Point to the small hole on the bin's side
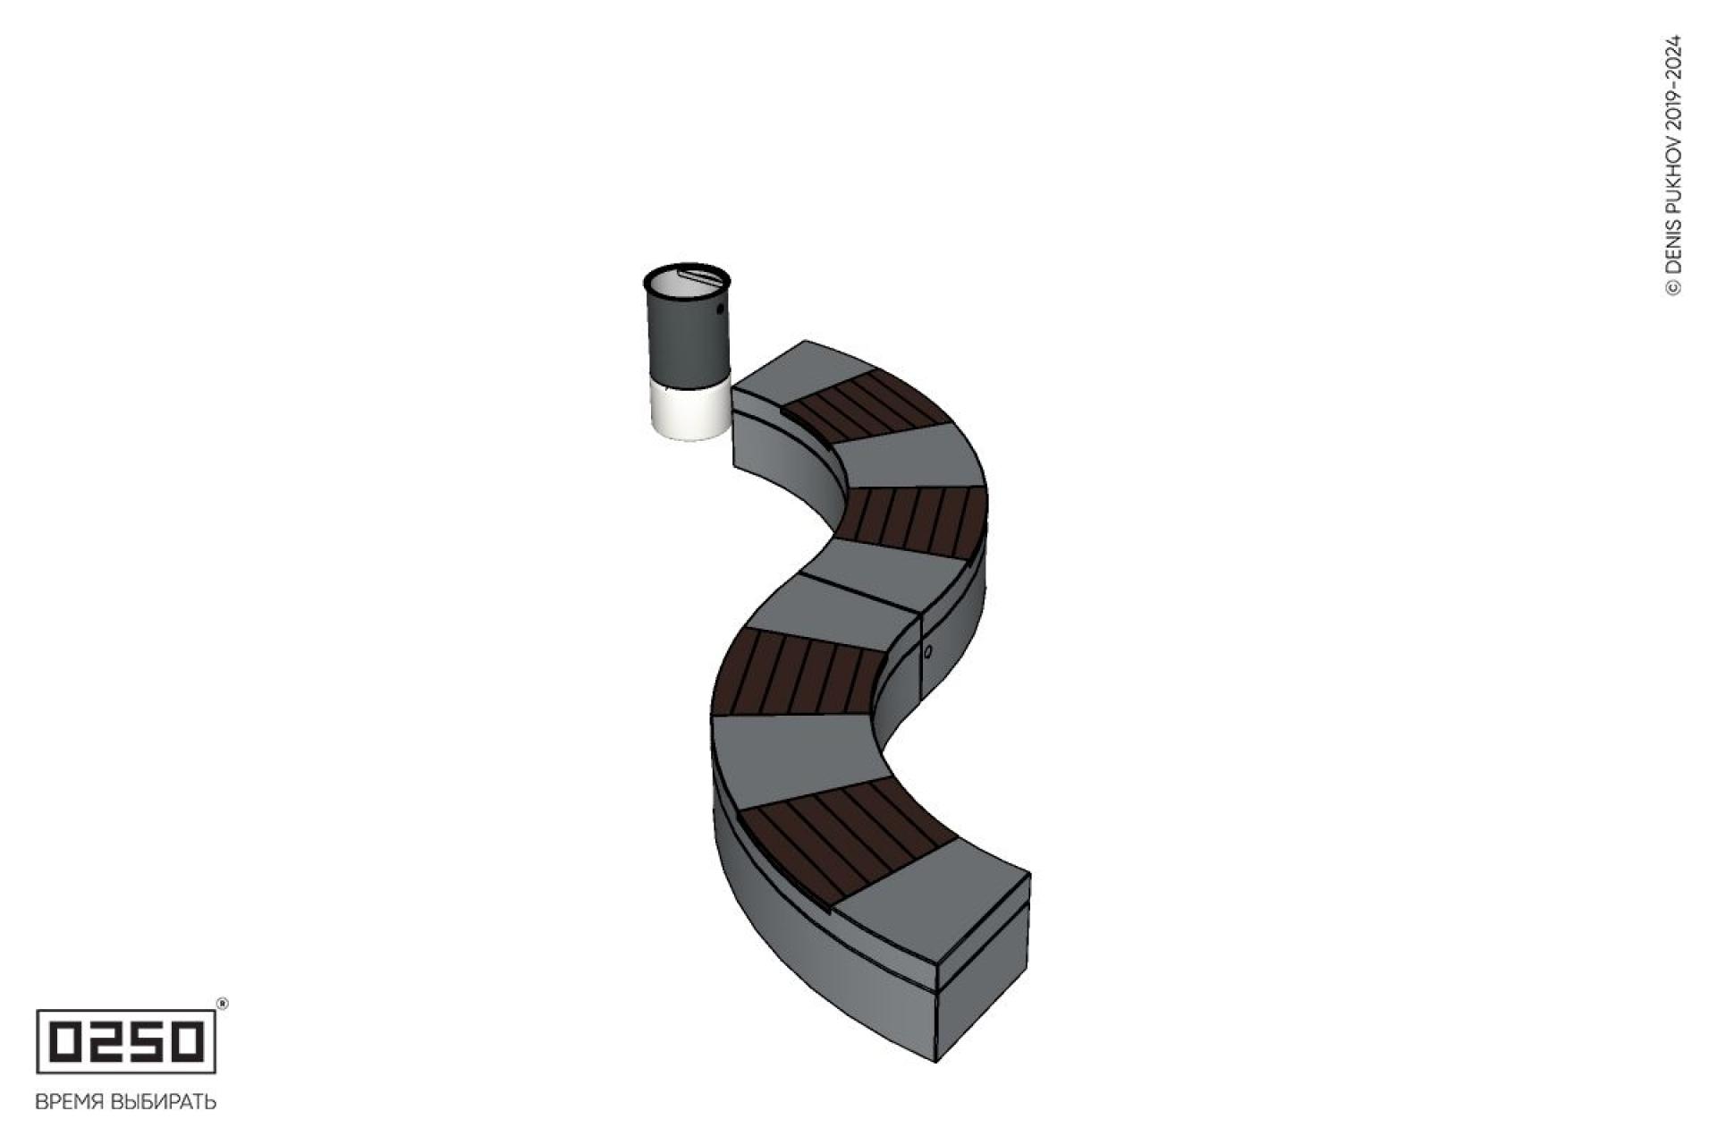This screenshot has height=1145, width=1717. (x=720, y=310)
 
